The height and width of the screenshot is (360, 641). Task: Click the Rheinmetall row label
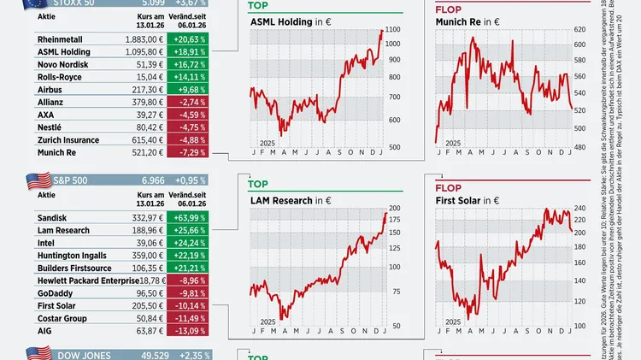coord(63,38)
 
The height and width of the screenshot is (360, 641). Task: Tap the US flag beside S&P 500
coord(38,181)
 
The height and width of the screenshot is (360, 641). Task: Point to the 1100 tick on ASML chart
coord(393,30)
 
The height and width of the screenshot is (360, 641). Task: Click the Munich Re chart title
coord(461,21)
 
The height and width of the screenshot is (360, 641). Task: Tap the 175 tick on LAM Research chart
coord(394,220)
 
